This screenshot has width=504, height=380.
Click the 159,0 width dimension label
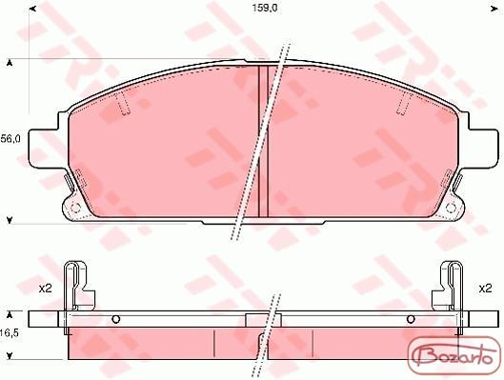point(265,8)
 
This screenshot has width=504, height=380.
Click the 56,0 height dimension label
point(10,139)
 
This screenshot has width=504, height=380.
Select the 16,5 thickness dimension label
point(10,333)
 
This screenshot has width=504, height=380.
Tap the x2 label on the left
point(46,289)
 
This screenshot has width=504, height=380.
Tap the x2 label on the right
point(485,289)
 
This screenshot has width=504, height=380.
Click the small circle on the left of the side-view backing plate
point(116,319)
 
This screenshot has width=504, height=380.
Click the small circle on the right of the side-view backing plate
point(411,319)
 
